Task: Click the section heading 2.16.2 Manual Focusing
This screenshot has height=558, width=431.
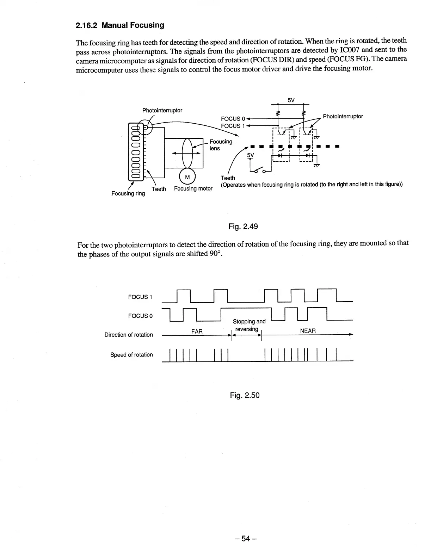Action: coord(120,25)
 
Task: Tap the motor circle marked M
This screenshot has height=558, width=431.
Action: coord(187,177)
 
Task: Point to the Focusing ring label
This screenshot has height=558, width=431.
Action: coord(128,193)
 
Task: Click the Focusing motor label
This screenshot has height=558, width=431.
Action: coord(193,188)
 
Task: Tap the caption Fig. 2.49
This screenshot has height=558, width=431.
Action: coord(243,227)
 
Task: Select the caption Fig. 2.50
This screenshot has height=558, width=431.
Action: coord(245,395)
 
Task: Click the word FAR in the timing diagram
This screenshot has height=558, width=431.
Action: coord(197,331)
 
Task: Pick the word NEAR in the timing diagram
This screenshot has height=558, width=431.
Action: coord(308,331)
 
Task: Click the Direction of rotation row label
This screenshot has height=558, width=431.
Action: coord(129,335)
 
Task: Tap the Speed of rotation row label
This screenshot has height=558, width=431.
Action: coord(131,355)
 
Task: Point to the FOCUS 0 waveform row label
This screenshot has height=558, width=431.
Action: coord(140,316)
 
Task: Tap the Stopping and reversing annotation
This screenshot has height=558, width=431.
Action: coord(249,325)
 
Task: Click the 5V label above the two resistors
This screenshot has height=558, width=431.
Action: coord(291,100)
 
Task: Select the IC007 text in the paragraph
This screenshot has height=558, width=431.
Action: coord(352,50)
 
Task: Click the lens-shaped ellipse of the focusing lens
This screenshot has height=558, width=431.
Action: coord(187,154)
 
